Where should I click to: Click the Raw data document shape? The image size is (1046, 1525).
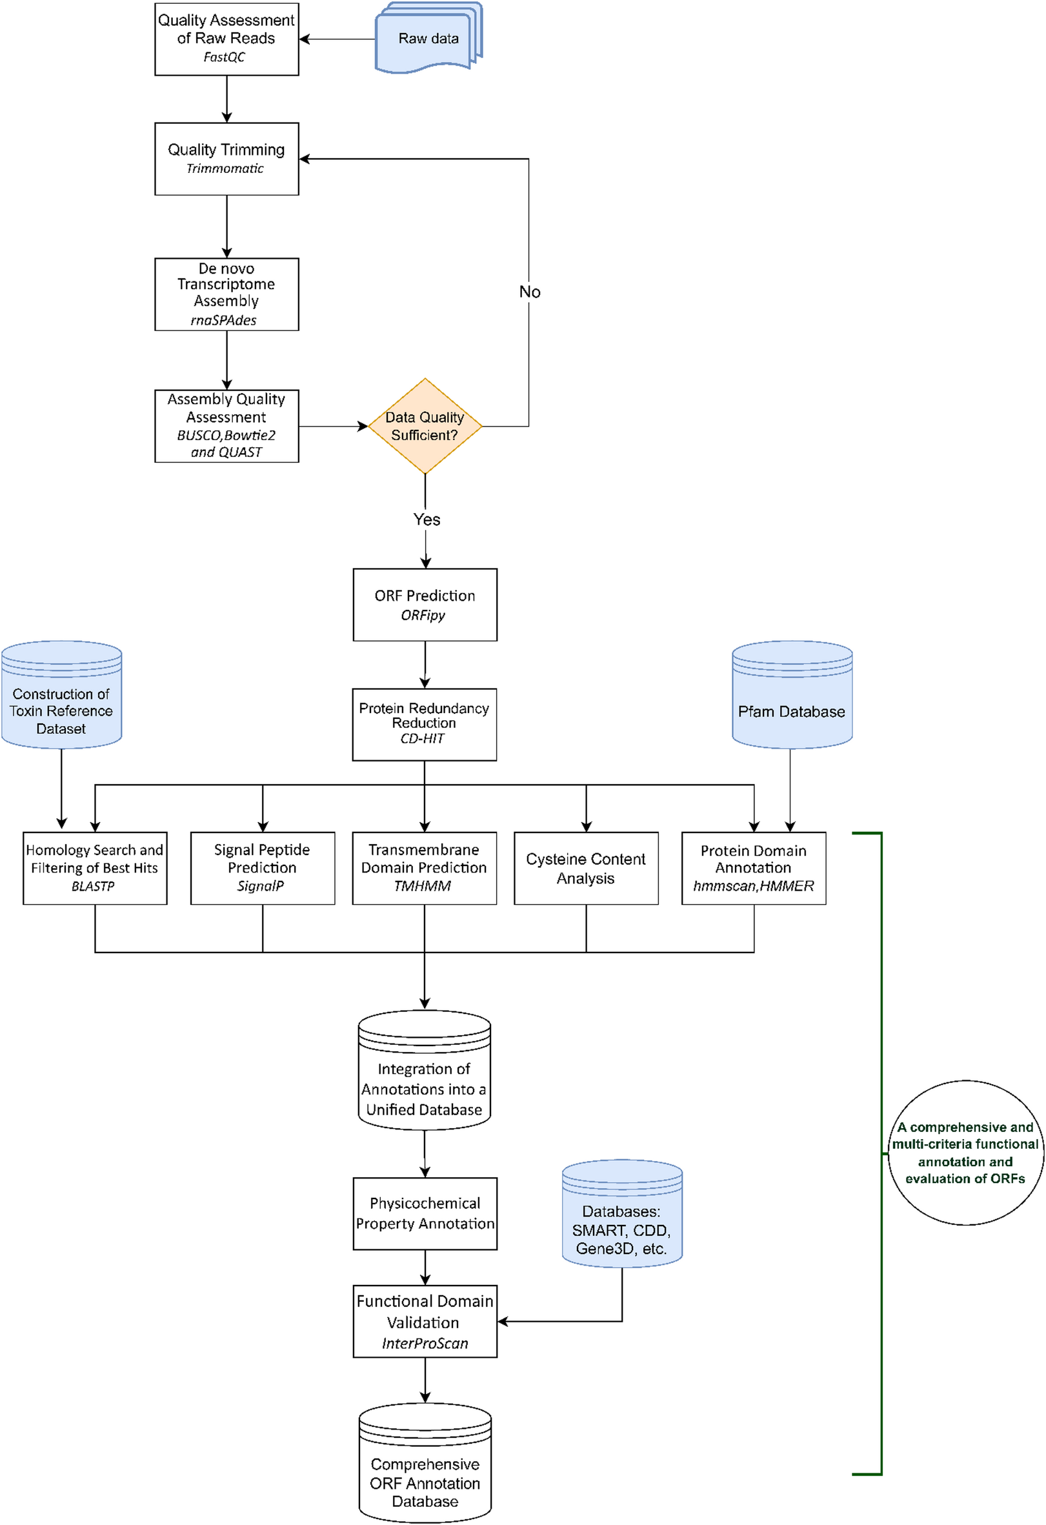tap(428, 38)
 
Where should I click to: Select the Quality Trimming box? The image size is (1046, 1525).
tap(226, 159)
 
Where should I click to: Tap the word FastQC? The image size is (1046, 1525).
tap(224, 57)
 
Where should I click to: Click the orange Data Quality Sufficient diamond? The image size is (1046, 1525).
tap(425, 426)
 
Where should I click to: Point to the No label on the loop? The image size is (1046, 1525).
tap(530, 291)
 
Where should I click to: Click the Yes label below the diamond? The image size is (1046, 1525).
tap(427, 519)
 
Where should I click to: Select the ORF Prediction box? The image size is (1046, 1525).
tap(425, 604)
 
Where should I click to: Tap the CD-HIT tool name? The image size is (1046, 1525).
tap(422, 738)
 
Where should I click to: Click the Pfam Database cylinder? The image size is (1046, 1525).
tap(791, 696)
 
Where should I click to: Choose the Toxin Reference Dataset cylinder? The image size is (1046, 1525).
tap(61, 696)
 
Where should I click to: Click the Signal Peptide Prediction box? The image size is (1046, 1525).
tap(263, 867)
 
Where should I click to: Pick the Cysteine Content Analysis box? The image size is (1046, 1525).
tap(585, 867)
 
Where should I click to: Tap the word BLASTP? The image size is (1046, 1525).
tap(92, 886)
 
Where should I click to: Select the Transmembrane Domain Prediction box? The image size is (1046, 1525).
tap(424, 867)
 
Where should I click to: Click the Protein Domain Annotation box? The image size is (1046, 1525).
tap(753, 867)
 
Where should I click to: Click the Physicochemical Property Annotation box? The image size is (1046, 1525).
tap(425, 1213)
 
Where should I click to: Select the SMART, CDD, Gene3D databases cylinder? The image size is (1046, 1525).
tap(621, 1214)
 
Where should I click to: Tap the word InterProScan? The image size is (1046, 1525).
tap(425, 1343)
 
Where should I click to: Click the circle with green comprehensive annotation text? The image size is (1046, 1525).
tap(965, 1152)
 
